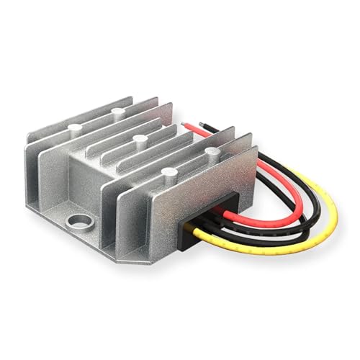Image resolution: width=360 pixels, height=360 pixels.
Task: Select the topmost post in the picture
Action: point(117,112)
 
